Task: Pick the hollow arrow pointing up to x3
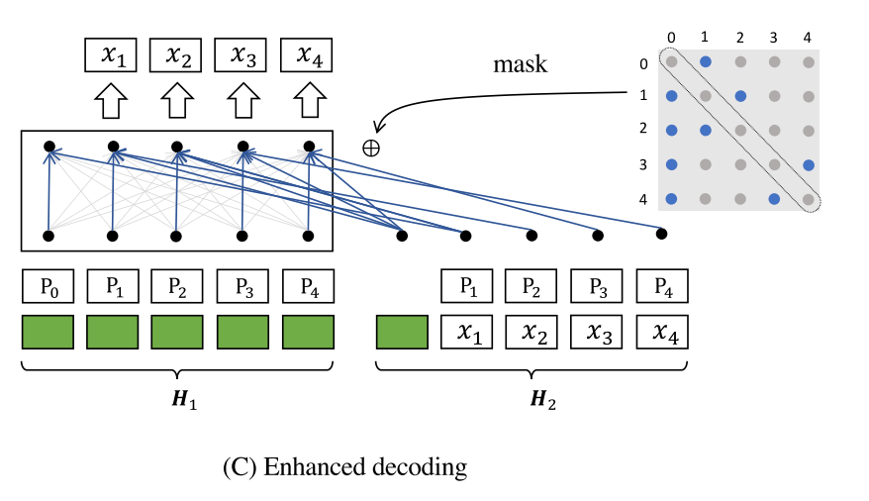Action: click(x=242, y=100)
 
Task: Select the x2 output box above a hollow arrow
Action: click(x=175, y=55)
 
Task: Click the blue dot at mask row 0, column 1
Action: click(x=706, y=61)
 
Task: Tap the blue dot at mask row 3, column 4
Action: click(x=809, y=164)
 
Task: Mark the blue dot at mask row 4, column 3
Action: click(x=774, y=199)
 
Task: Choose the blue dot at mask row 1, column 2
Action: click(x=740, y=96)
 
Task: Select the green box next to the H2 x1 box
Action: click(x=403, y=332)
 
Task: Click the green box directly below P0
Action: click(x=48, y=332)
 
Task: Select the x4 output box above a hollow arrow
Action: click(x=307, y=55)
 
